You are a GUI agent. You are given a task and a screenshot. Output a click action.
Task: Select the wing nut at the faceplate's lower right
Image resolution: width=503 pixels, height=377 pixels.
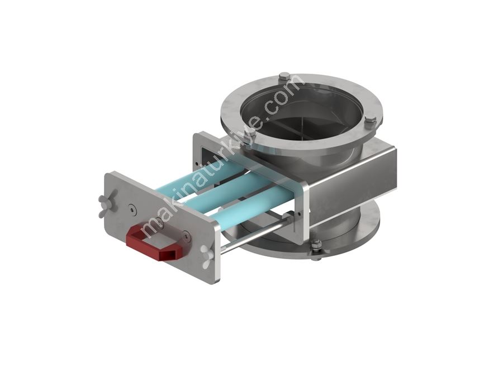click(206, 255)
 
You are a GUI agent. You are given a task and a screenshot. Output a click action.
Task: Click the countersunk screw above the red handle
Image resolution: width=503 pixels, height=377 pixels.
click(132, 209)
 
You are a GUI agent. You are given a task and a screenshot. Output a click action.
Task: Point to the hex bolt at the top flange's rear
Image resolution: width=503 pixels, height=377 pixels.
click(284, 78)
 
